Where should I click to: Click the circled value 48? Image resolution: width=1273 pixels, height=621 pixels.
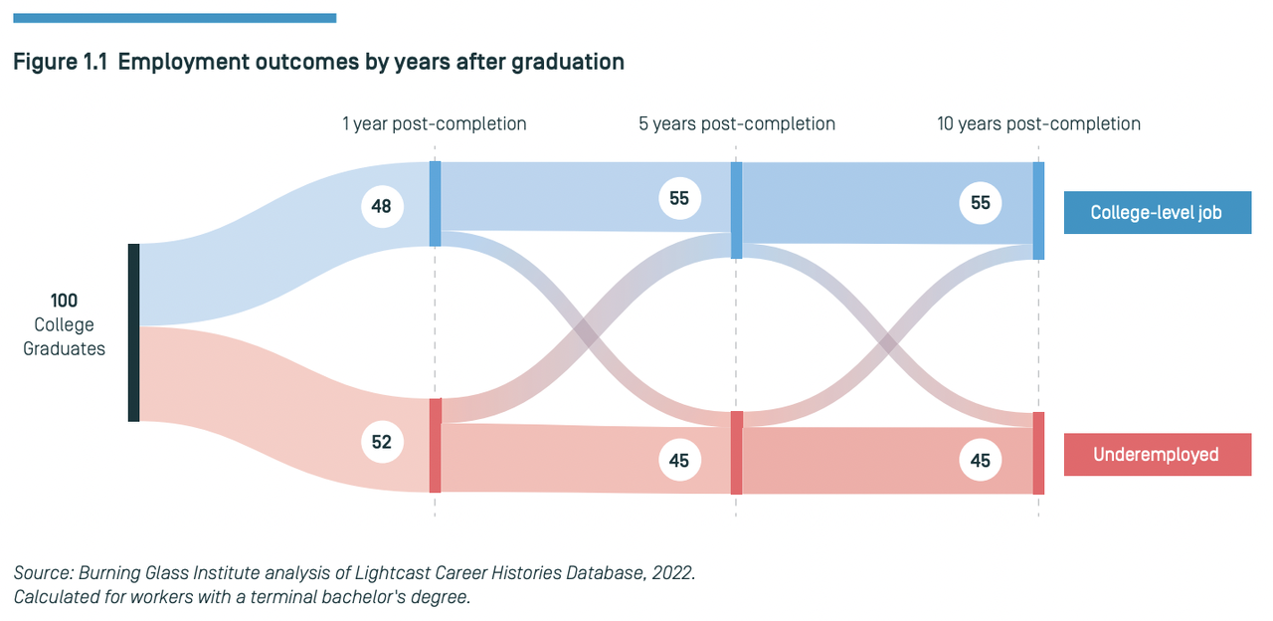[381, 207]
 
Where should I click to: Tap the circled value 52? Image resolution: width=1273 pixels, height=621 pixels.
[381, 443]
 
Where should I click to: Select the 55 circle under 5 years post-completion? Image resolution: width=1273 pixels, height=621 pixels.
[679, 199]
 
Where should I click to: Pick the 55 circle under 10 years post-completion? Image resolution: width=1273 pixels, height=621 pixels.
[981, 203]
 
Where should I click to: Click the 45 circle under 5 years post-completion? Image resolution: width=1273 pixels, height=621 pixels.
[679, 460]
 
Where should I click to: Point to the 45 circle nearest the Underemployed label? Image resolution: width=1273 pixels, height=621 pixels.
[981, 461]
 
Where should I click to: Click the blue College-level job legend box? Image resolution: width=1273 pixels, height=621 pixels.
[1157, 213]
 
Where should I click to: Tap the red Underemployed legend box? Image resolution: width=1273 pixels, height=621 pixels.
[1157, 455]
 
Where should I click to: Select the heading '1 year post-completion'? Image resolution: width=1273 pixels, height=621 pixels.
[435, 124]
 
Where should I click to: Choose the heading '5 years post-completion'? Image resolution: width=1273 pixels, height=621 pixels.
[737, 124]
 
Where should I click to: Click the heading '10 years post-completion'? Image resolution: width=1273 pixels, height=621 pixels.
[1038, 124]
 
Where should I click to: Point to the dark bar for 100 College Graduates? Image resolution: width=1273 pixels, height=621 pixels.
[133, 332]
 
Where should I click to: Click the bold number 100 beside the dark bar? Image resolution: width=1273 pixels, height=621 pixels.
[64, 301]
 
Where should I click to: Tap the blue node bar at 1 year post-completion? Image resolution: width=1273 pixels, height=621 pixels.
[435, 204]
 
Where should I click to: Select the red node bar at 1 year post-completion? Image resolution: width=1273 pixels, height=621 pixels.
[435, 445]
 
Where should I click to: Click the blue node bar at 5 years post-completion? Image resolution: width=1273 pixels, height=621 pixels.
[737, 210]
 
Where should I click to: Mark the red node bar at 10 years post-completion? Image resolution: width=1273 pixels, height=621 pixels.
[1038, 453]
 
